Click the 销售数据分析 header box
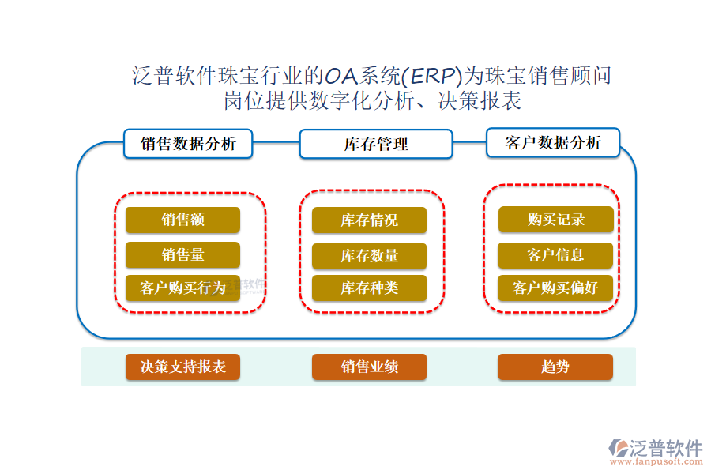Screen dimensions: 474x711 tap(188, 144)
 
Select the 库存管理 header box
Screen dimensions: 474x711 tap(375, 145)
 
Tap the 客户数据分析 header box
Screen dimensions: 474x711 tap(553, 143)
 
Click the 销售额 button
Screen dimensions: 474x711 tap(182, 220)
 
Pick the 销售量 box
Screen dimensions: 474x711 tap(182, 254)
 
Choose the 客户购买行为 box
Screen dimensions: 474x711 tap(182, 288)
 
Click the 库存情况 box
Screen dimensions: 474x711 tap(369, 220)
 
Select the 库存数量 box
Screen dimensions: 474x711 tap(369, 255)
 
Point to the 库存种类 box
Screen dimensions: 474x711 tap(369, 288)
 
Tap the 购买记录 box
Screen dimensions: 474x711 tap(555, 220)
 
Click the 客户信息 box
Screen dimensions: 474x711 tap(555, 254)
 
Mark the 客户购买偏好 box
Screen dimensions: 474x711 tap(555, 288)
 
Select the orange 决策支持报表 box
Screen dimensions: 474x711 tap(182, 367)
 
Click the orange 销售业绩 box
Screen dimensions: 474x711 tap(369, 367)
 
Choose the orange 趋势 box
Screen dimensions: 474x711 tap(555, 367)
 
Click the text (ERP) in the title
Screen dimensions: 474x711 tap(431, 76)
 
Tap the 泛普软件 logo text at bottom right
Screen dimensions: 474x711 tap(665, 448)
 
